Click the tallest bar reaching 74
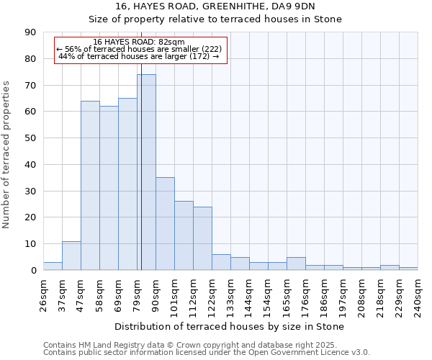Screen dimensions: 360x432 pyautogui.click(x=146, y=173)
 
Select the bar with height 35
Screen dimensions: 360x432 pyautogui.click(x=165, y=224)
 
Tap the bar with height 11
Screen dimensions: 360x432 pyautogui.click(x=71, y=256)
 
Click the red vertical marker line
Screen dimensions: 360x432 pyautogui.click(x=142, y=180)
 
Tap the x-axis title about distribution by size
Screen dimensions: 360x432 pyautogui.click(x=229, y=326)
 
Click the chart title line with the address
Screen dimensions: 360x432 pyautogui.click(x=215, y=6)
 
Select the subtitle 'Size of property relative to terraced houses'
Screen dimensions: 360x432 pyautogui.click(x=215, y=19)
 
